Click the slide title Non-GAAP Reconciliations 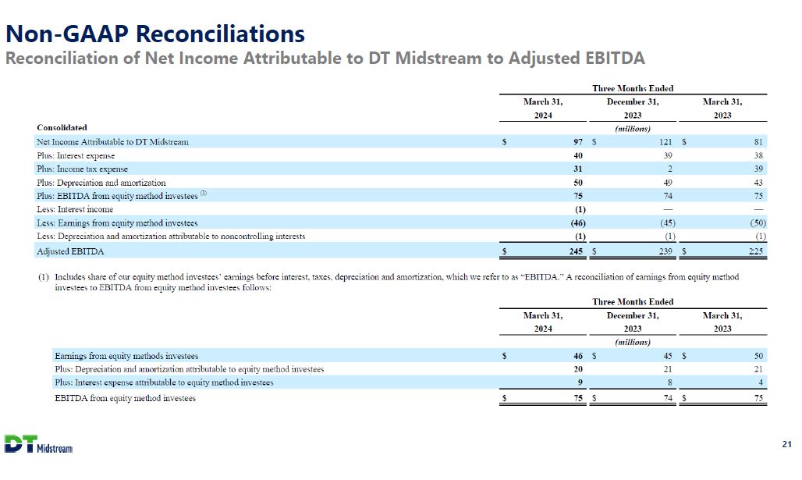tap(154, 34)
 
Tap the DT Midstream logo tap(38, 443)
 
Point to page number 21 tap(786, 444)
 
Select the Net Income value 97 tap(577, 142)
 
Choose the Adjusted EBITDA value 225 tap(755, 251)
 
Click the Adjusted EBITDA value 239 tap(665, 251)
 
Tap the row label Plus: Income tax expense tap(82, 169)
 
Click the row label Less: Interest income tap(75, 209)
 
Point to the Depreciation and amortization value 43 tap(758, 183)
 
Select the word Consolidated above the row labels tap(62, 127)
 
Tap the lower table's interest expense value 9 tap(580, 382)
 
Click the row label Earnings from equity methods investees tap(126, 356)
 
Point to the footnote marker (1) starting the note tap(43, 277)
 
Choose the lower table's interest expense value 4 tap(760, 382)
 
